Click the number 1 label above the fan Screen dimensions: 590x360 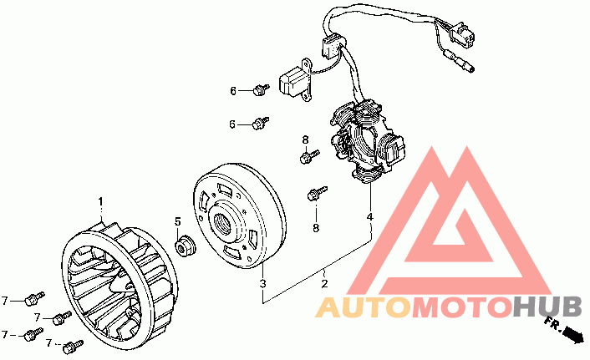(100, 201)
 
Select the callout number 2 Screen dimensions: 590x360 (324, 285)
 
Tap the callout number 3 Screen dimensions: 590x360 (262, 285)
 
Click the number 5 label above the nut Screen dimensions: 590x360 (177, 221)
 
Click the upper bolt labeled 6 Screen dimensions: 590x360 (261, 88)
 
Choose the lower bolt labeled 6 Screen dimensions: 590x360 (261, 123)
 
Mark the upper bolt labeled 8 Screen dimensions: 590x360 (308, 155)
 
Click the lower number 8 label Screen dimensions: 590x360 (316, 227)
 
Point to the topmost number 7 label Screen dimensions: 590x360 (5, 300)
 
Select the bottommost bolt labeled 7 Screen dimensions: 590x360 (72, 344)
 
